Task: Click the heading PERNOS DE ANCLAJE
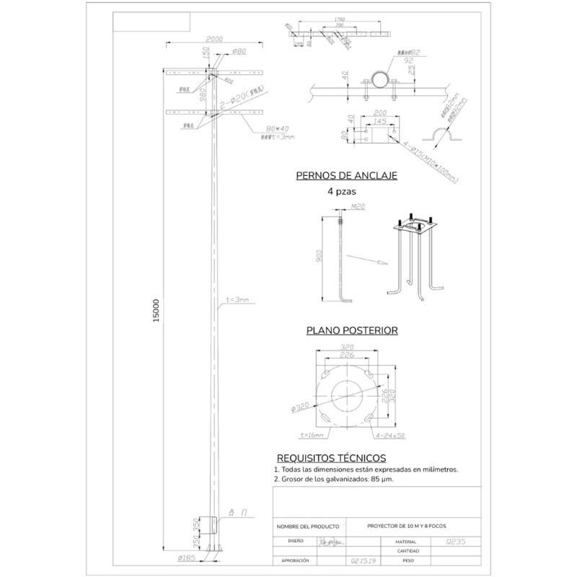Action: click(347, 175)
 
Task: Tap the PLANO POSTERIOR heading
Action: click(353, 331)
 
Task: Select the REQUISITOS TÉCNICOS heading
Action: click(332, 458)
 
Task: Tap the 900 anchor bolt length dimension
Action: click(320, 257)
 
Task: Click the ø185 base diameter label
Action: click(188, 557)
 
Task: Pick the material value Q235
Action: click(456, 539)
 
